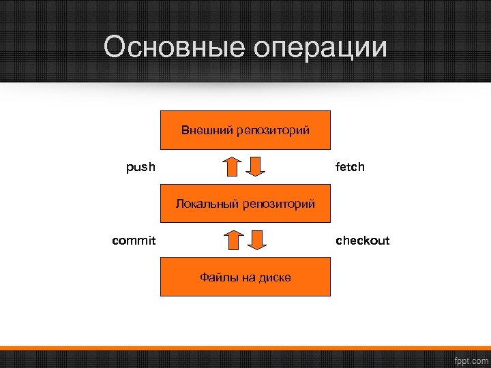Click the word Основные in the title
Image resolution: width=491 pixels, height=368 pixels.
tap(174, 48)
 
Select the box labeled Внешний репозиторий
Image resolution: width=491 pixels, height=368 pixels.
tap(245, 129)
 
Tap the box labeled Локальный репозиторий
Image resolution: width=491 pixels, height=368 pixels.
tap(245, 204)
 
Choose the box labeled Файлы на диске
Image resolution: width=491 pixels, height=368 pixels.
tap(245, 277)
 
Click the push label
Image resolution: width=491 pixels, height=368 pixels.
tap(140, 166)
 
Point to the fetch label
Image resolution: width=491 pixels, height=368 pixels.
tap(350, 166)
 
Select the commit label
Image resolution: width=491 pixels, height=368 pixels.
tap(134, 240)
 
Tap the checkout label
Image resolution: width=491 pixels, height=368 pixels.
tap(362, 240)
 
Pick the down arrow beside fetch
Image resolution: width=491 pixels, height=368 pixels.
tap(256, 166)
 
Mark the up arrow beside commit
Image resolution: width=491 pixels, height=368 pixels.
tap(234, 240)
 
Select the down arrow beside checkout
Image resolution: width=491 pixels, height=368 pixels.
tap(256, 240)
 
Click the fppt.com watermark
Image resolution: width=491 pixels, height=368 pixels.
tap(471, 359)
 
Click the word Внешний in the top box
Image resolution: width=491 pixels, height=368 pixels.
tap(207, 129)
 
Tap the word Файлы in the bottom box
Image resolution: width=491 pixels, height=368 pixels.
tap(215, 277)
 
